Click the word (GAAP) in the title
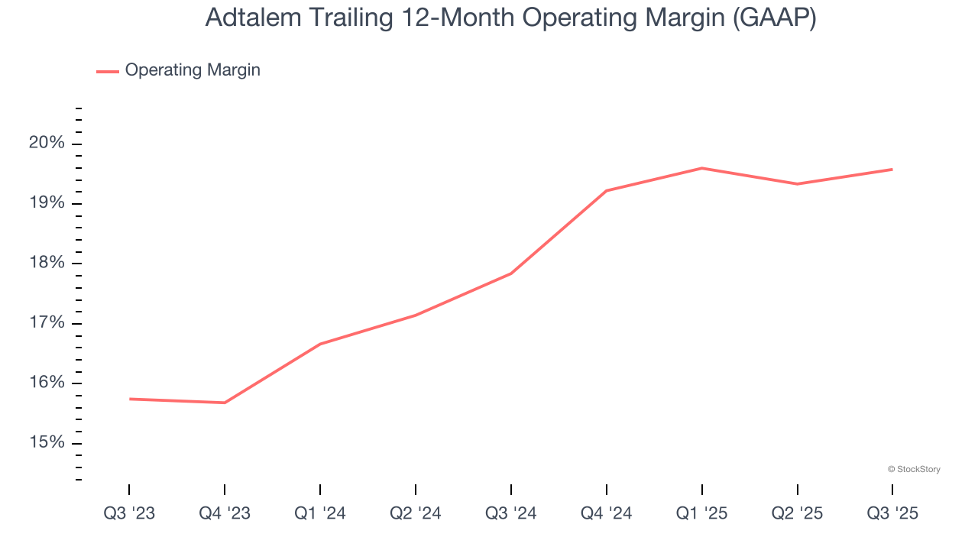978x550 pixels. click(x=773, y=18)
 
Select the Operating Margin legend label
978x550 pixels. click(x=193, y=70)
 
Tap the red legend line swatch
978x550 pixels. click(x=107, y=71)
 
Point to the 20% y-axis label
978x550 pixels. click(x=47, y=144)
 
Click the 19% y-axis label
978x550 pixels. click(x=47, y=203)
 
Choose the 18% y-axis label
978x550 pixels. click(x=47, y=264)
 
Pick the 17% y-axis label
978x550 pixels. click(x=47, y=323)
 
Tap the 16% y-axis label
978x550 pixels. click(x=47, y=383)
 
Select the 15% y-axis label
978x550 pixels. click(x=47, y=443)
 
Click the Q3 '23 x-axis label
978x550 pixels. click(x=129, y=513)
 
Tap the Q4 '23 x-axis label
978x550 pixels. click(x=225, y=513)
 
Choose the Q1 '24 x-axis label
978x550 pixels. click(x=320, y=513)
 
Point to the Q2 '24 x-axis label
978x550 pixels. click(x=416, y=513)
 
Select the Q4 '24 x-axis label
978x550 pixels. click(x=607, y=513)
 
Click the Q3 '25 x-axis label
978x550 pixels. click(x=892, y=513)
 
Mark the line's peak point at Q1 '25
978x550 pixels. click(x=701, y=168)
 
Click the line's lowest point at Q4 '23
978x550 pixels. click(x=225, y=403)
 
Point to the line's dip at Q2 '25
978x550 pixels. click(x=797, y=184)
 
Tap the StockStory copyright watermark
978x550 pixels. click(x=914, y=469)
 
